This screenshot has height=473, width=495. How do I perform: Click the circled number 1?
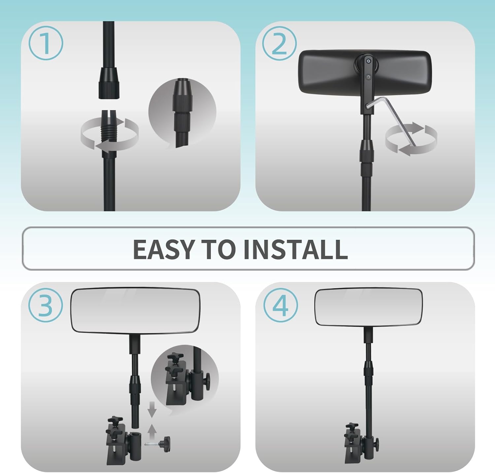point(46,43)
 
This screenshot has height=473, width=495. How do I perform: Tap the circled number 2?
point(280,43)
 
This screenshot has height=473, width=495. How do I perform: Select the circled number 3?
point(46,305)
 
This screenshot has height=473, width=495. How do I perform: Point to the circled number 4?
point(280,305)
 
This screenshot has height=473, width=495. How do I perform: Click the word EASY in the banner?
point(163,249)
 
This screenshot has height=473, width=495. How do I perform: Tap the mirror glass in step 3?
point(135,310)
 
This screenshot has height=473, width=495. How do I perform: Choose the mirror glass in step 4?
point(368,307)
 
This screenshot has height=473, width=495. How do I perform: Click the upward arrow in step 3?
point(152,432)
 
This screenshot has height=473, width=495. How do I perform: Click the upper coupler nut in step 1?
point(109,85)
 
